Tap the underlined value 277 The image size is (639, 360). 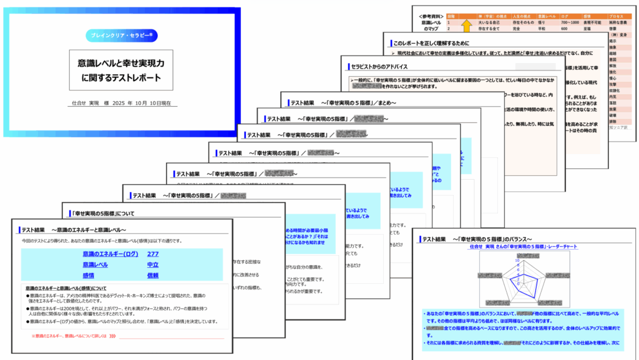point(153,255)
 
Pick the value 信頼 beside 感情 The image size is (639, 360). point(153,275)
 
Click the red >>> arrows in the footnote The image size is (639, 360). point(112,336)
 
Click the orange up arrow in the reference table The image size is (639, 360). point(466,26)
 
